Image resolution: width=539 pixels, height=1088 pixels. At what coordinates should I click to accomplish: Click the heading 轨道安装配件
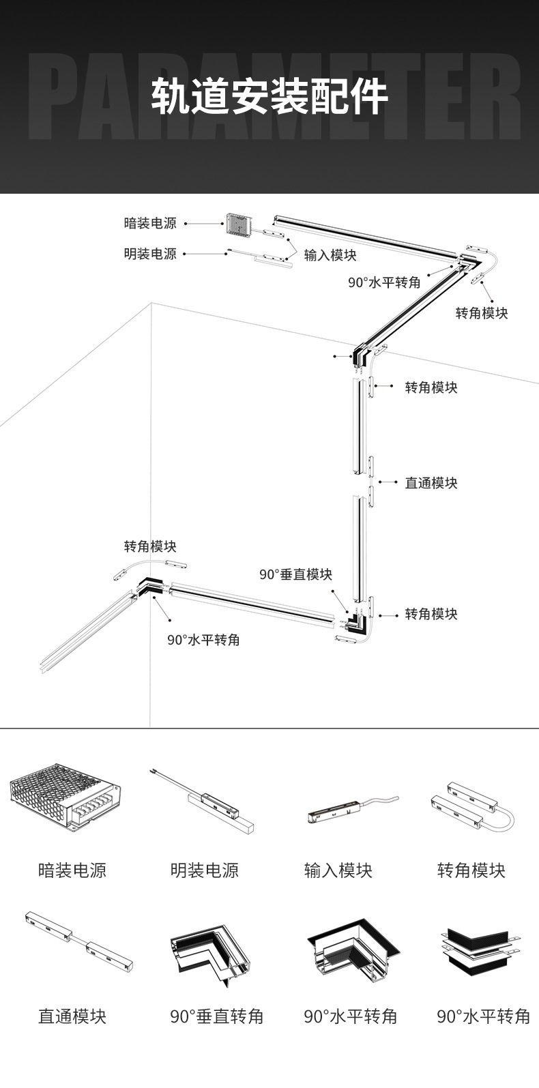click(x=269, y=97)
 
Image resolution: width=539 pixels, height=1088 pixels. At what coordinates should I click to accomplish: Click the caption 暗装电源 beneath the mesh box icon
click(x=72, y=870)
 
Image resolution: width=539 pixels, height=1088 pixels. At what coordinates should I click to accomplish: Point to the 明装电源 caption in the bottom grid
click(x=204, y=870)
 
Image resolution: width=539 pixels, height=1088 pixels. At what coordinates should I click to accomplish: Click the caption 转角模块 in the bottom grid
click(x=471, y=870)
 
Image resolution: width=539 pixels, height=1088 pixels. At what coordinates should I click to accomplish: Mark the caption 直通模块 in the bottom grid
click(x=72, y=1016)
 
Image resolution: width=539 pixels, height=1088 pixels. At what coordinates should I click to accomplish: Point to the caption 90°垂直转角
click(x=216, y=1016)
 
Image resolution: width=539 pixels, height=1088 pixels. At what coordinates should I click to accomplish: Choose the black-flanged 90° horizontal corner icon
click(x=349, y=954)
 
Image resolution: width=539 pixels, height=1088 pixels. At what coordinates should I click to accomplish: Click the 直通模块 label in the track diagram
click(x=431, y=483)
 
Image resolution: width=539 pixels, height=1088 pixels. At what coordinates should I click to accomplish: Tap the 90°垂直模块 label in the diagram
click(x=295, y=574)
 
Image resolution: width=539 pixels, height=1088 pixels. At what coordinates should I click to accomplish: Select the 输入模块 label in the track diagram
click(x=330, y=255)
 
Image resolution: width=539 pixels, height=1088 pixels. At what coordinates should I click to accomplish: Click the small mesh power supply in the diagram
click(x=237, y=222)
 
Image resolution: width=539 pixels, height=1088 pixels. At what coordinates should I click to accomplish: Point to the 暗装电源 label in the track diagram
click(x=150, y=223)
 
